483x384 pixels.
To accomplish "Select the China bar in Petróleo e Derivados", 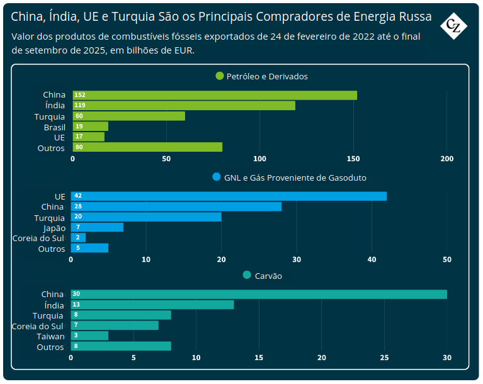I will pyautogui.click(x=215, y=95).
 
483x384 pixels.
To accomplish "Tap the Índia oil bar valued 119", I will pyautogui.click(x=184, y=106).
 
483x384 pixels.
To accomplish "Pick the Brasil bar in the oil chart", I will pyautogui.click(x=91, y=127).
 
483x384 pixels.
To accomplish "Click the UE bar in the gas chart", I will pyautogui.click(x=229, y=196).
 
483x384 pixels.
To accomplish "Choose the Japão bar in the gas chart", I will pyautogui.click(x=97, y=227).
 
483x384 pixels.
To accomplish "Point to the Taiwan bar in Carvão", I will pyautogui.click(x=89, y=336).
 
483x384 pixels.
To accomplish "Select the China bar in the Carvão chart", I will pyautogui.click(x=259, y=294).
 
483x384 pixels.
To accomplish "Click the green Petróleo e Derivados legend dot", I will pyautogui.click(x=220, y=76).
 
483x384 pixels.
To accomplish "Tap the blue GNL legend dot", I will pyautogui.click(x=217, y=178).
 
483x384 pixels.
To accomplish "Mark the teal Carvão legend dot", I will pyautogui.click(x=247, y=275).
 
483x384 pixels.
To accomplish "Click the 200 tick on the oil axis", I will pyautogui.click(x=446, y=159).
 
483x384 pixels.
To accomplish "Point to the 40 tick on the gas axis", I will pyautogui.click(x=372, y=259).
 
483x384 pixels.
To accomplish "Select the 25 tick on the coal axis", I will pyautogui.click(x=384, y=358).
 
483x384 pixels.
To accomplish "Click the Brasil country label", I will pyautogui.click(x=54, y=127).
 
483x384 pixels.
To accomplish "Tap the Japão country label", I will pyautogui.click(x=54, y=228).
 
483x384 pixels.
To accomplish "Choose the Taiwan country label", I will pyautogui.click(x=50, y=337).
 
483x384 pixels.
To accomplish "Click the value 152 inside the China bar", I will pyautogui.click(x=80, y=95).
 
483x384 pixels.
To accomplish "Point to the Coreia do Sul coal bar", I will pyautogui.click(x=115, y=325).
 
